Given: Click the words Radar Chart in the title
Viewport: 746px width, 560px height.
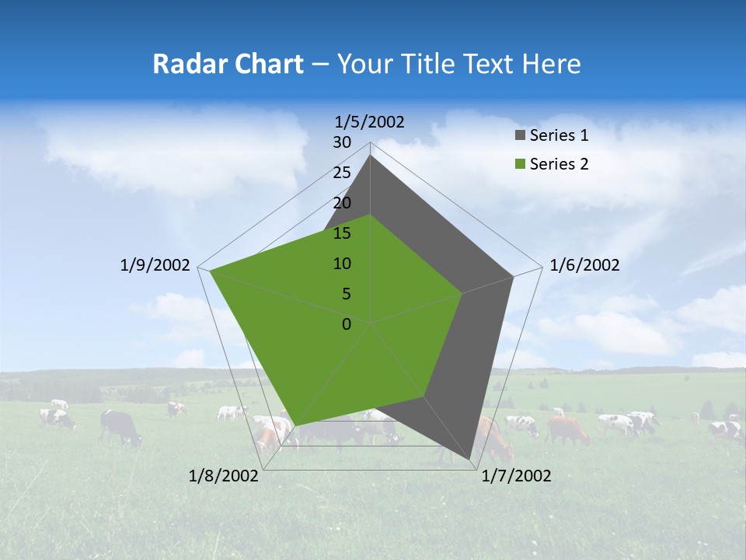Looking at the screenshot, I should [228, 64].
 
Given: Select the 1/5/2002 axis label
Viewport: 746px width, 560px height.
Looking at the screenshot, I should [370, 121].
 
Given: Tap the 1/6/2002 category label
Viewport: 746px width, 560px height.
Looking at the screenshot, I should [584, 265].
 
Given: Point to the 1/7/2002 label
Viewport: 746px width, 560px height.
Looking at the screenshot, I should [516, 476].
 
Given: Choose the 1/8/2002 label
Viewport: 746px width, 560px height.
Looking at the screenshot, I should [224, 476].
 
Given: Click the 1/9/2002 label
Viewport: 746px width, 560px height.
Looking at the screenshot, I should [155, 265].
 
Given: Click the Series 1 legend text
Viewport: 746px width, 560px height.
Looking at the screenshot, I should [559, 135].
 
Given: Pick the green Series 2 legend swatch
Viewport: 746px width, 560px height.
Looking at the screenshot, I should [520, 164].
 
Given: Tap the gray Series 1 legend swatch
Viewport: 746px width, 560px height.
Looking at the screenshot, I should [520, 135].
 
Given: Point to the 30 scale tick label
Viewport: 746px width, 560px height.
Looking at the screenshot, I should [342, 142].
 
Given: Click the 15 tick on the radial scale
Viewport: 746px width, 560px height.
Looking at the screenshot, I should [342, 233].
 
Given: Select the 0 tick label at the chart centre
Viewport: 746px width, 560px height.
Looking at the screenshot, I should [347, 324].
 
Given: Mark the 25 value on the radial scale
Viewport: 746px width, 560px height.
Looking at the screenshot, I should [342, 173].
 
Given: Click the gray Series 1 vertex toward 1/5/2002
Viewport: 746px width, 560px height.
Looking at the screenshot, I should [371, 156].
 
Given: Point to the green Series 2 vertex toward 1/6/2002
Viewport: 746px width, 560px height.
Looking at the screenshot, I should [462, 293].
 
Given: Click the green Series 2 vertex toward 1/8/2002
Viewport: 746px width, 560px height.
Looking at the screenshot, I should [295, 425].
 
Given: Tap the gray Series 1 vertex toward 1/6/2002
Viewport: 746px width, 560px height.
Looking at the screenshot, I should [513, 277].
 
